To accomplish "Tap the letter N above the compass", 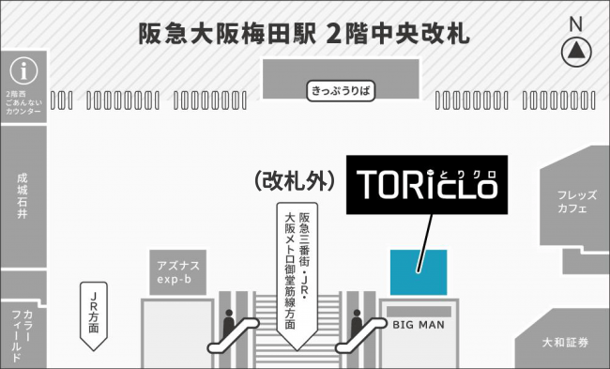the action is (576, 24).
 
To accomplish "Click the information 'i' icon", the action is (23, 71).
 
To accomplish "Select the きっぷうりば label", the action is (341, 91).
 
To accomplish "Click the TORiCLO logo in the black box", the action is (427, 184).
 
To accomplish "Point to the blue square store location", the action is (419, 272).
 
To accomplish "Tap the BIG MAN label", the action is (419, 325).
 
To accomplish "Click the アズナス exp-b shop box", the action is (178, 272).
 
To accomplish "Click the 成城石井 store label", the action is (23, 196).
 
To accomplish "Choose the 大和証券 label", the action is (565, 343).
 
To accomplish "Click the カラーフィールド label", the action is (23, 336).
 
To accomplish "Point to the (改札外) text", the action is (295, 181).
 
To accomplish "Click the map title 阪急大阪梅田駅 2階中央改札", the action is (304, 34).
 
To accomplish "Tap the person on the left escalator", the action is (229, 323).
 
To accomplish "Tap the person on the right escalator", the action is (357, 323).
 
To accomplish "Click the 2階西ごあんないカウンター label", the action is (23, 102).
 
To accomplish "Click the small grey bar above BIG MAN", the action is (419, 312).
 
